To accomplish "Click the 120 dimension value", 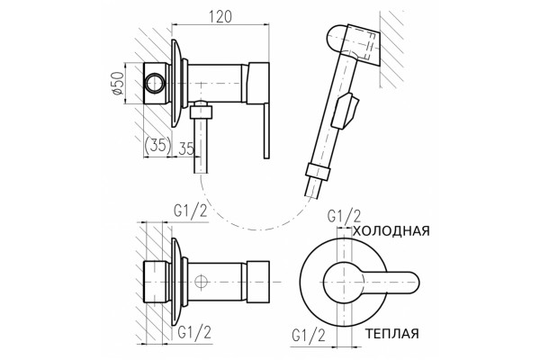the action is point(220,16).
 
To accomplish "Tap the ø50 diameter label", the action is point(117,83).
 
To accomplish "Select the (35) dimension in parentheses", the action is point(157,146).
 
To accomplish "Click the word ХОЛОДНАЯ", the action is point(391,230).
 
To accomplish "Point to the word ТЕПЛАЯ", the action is point(391,334).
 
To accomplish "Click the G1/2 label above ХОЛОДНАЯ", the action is point(344,216).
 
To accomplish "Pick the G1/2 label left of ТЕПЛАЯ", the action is point(308,335).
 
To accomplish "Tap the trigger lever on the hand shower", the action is point(346,111).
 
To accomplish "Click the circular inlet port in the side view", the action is point(154,84).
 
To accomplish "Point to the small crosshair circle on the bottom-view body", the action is point(201,282).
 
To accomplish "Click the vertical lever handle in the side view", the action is point(266,130).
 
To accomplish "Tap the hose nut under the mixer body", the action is point(201,112).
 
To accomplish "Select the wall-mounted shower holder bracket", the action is point(364,46).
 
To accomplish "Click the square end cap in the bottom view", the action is point(258,282).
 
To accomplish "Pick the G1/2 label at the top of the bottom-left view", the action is point(191,211).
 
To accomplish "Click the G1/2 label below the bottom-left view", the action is point(194,332).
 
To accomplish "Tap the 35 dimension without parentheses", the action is point(186,148).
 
